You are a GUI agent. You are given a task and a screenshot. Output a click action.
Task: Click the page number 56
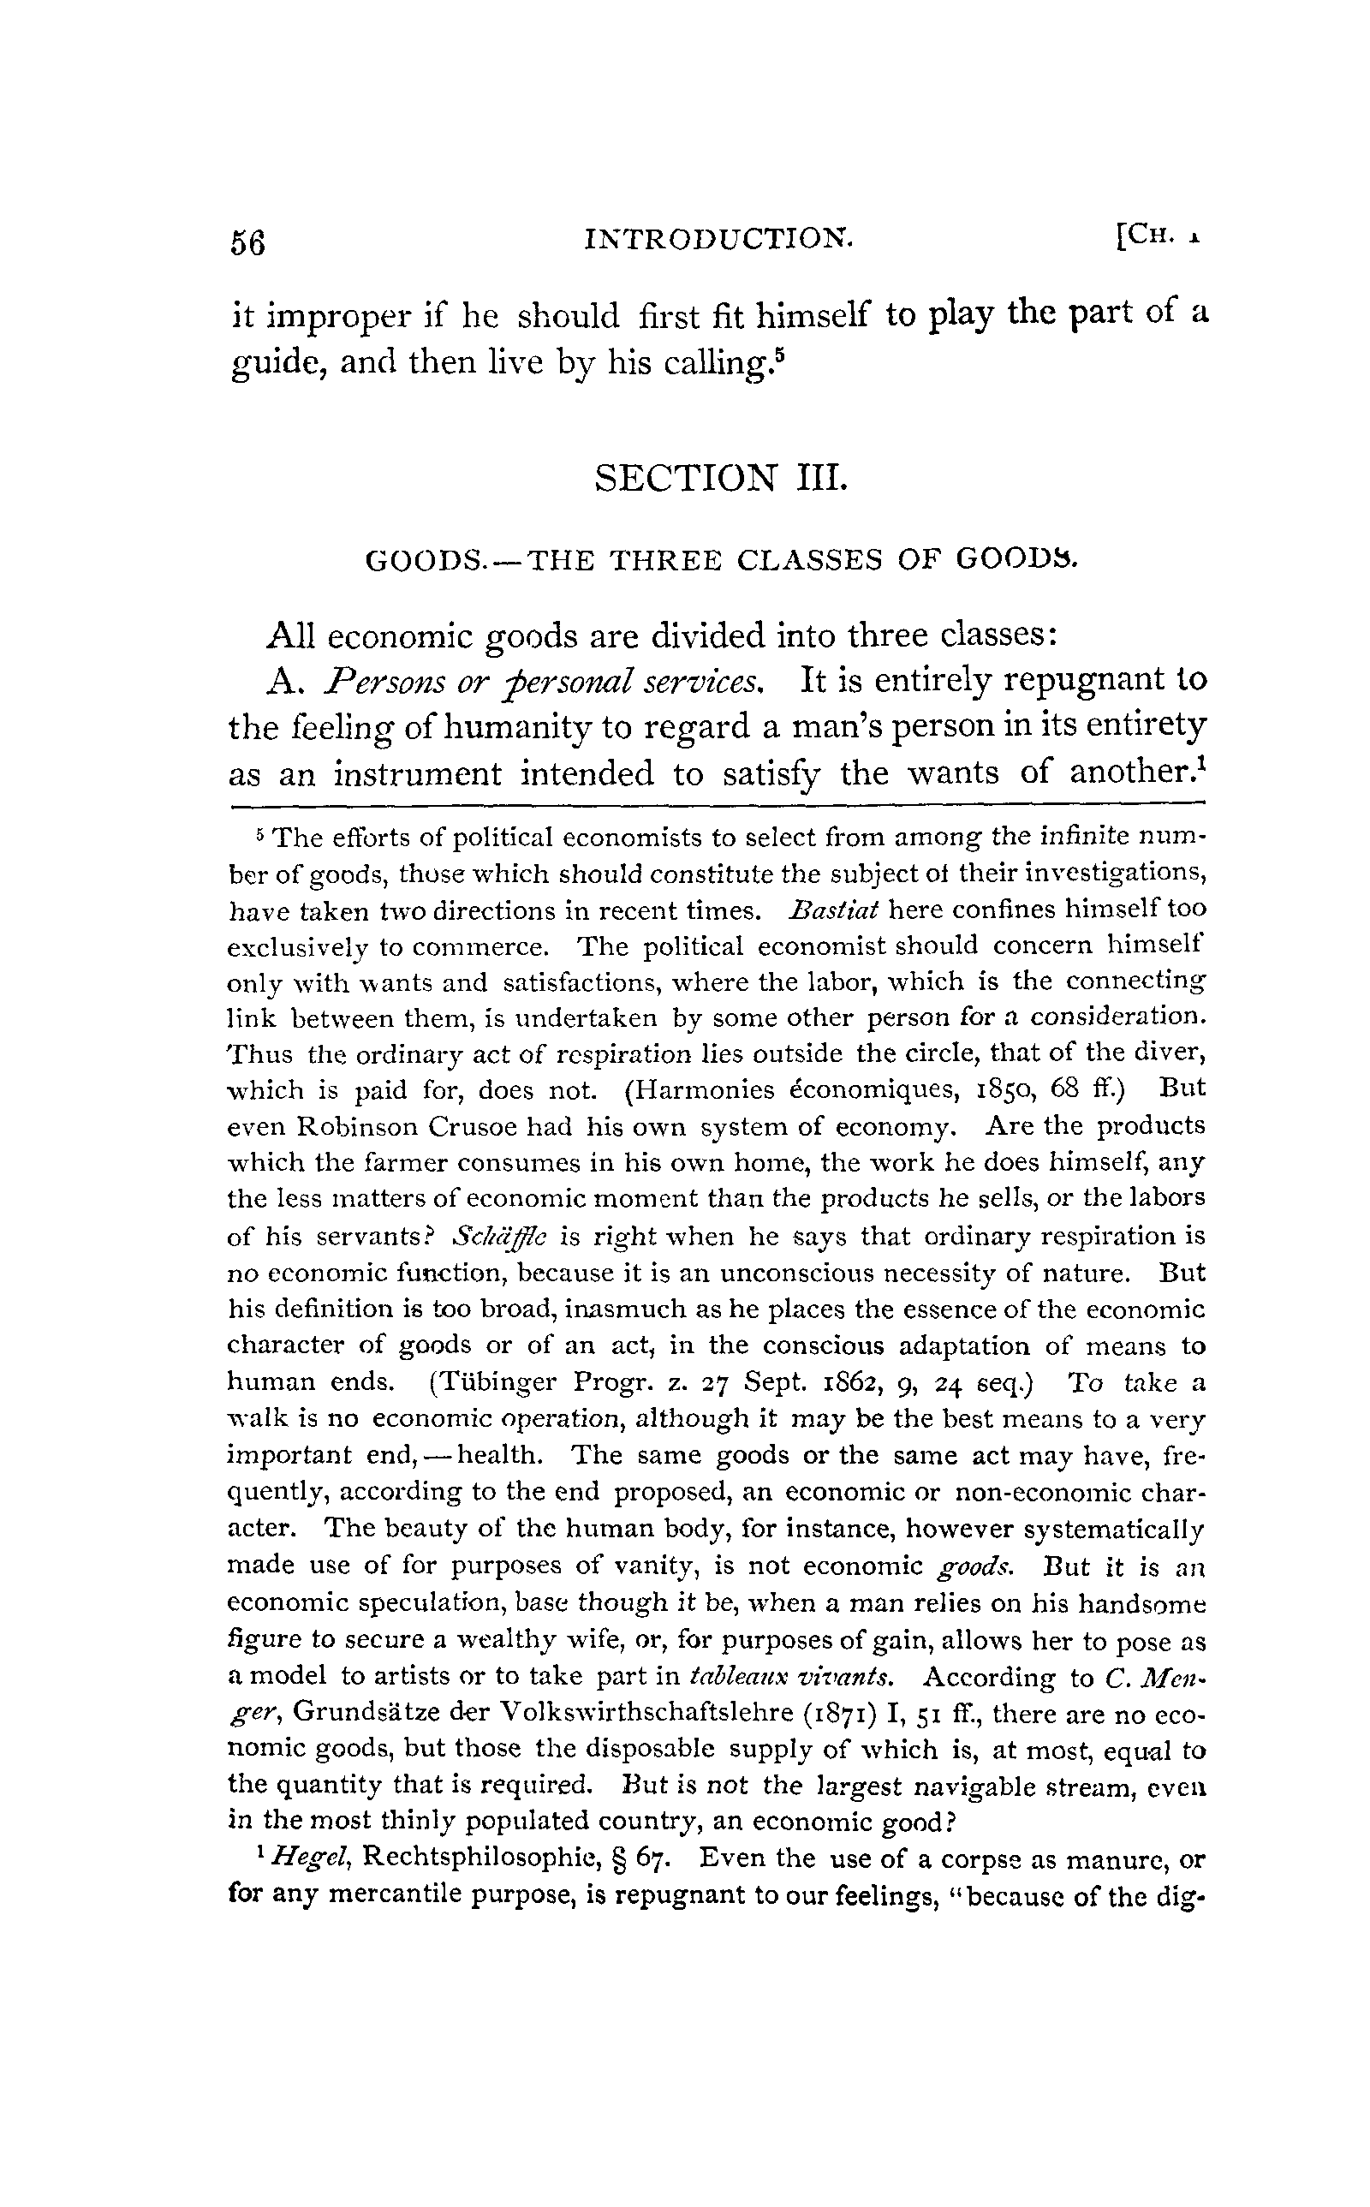[248, 243]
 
